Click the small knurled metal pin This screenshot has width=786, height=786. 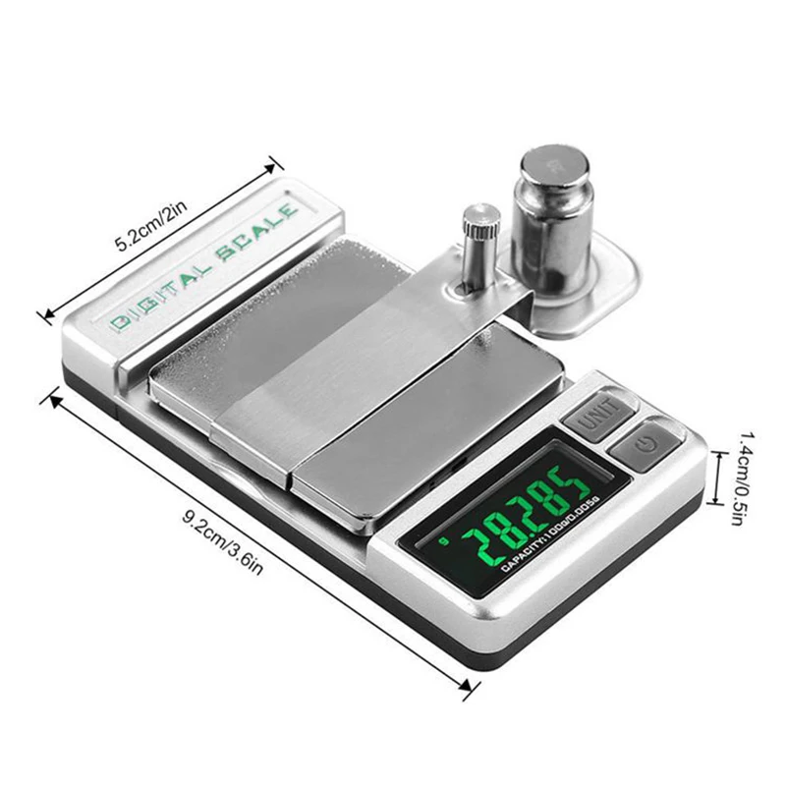pos(480,241)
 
